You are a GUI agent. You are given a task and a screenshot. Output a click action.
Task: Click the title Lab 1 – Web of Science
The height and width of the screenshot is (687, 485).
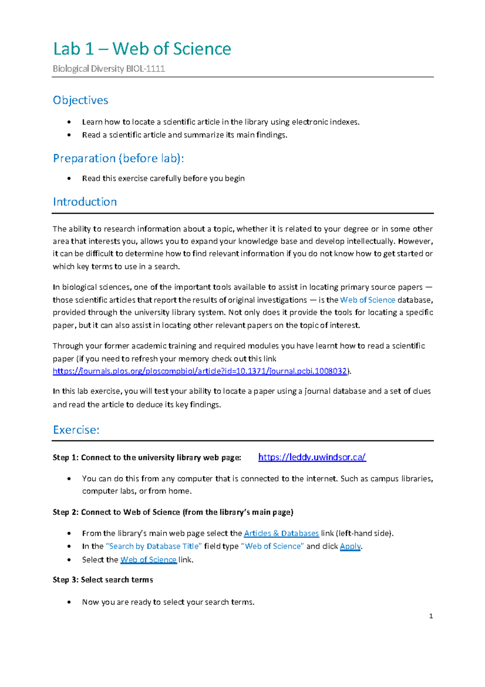[142, 49]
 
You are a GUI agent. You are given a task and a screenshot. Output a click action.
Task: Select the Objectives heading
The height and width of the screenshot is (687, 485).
[80, 100]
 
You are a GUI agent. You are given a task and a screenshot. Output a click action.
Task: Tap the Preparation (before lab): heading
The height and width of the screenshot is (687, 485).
[118, 158]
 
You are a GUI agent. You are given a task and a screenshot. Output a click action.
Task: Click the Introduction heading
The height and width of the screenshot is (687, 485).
[85, 201]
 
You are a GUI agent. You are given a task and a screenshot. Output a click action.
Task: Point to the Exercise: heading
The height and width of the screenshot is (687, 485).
[76, 430]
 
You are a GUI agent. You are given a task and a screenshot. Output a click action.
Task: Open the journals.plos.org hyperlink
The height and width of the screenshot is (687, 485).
[200, 371]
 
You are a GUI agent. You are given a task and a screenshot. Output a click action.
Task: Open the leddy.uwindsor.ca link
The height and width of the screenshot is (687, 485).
[312, 457]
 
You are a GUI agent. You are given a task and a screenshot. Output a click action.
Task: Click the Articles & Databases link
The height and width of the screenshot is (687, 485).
[281, 533]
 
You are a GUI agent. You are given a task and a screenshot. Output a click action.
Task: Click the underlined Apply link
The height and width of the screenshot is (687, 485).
[350, 546]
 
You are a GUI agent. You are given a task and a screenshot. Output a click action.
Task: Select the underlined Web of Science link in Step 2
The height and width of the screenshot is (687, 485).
[148, 560]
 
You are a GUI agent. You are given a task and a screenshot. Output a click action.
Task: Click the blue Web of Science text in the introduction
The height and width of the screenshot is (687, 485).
[367, 300]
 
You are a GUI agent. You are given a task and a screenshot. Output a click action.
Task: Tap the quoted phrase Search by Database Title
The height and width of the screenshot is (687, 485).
[154, 546]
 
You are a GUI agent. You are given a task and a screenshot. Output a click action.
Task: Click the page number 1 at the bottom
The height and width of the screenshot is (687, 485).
[431, 616]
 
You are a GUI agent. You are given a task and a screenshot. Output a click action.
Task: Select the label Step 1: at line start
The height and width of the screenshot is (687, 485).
[65, 458]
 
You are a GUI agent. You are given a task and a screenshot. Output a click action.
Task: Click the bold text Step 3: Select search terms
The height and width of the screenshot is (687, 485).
[103, 580]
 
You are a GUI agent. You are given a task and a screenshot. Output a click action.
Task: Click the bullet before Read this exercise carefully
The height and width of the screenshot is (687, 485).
[70, 178]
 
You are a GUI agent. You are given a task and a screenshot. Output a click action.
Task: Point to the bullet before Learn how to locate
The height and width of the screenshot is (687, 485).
[70, 122]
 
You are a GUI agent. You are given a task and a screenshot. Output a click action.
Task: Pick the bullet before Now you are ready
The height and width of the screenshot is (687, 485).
[70, 602]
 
